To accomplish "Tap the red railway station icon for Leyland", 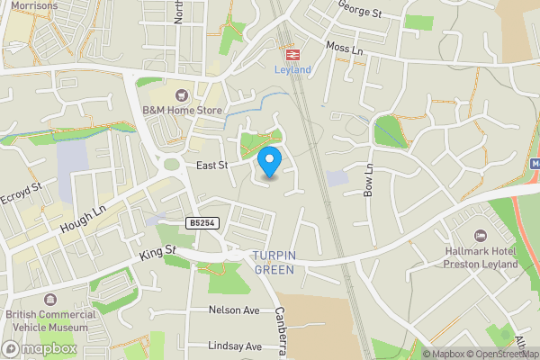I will (292, 53).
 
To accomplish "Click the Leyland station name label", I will (292, 70).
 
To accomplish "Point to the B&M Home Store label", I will (183, 111).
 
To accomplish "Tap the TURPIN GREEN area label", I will (274, 262).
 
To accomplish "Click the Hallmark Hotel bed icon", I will (480, 235).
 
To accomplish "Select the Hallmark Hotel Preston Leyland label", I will (481, 258).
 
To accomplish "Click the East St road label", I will (212, 166).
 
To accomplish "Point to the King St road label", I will (158, 254).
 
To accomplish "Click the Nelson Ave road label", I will (233, 310).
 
